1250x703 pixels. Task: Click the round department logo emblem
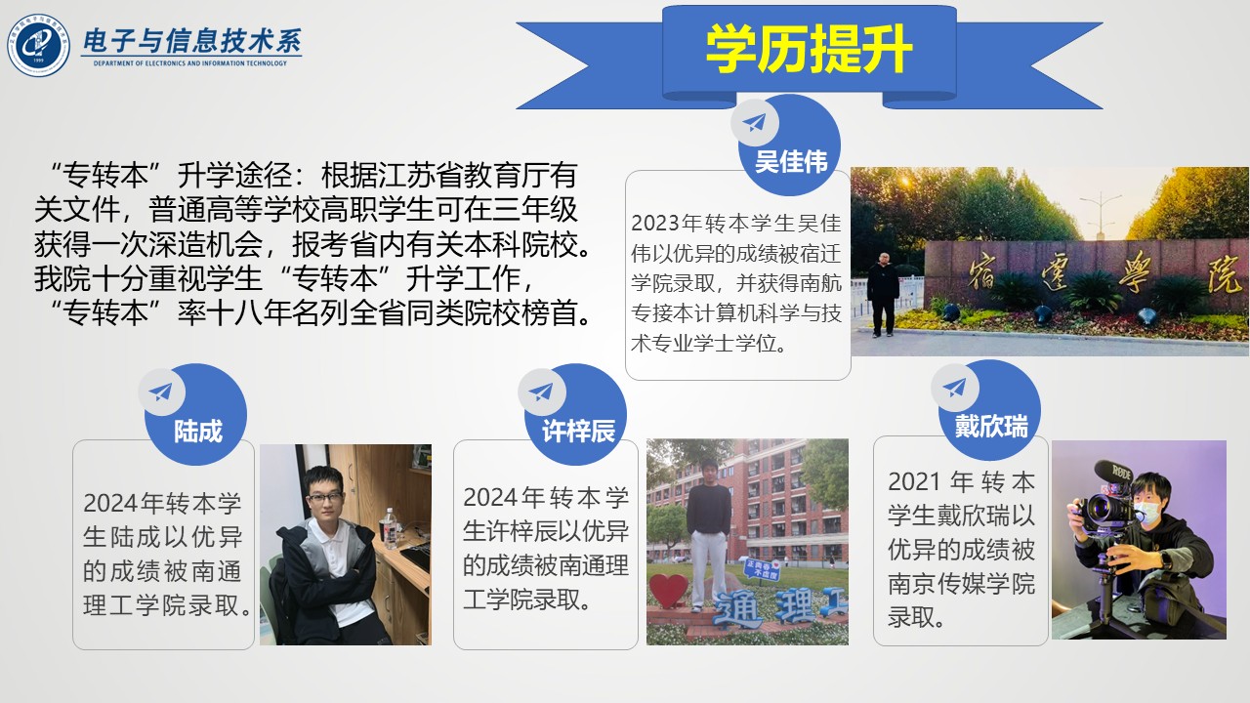point(38,45)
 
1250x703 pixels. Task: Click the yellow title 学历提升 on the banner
point(809,49)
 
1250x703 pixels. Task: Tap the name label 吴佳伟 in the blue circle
point(791,162)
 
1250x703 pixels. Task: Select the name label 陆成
point(198,431)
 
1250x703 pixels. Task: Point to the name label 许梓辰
point(579,431)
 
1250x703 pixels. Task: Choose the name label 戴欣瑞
point(991,427)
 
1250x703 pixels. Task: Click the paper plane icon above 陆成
point(161,392)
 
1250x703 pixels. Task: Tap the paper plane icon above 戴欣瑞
point(955,388)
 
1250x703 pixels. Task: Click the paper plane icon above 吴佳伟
point(755,122)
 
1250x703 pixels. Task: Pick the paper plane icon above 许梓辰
point(541,392)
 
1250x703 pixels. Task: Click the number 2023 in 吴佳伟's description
point(655,224)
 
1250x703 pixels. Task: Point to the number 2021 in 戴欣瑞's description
point(913,482)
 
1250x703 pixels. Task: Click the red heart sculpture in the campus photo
point(669,591)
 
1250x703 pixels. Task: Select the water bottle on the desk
point(387,528)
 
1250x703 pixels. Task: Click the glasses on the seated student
point(325,498)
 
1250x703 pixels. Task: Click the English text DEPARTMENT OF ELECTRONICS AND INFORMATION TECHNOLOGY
point(190,63)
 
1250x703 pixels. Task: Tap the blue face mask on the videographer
point(1146,510)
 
